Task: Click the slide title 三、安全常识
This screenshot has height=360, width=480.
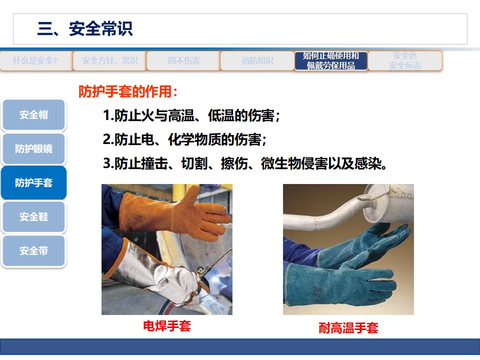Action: (85, 29)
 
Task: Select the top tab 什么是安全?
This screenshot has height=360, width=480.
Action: (35, 61)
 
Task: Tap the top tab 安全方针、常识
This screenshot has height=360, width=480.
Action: (109, 61)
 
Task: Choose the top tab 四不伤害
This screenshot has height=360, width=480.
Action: (183, 61)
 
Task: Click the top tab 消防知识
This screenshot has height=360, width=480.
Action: (257, 61)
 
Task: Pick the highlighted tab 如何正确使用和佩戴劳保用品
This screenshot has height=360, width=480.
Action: (331, 61)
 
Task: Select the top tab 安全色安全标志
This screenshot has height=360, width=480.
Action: (405, 61)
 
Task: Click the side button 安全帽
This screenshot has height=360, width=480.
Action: (34, 115)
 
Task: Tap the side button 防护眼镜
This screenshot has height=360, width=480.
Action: (34, 149)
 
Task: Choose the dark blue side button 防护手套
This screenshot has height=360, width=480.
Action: (34, 183)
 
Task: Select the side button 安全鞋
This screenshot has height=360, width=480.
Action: (34, 217)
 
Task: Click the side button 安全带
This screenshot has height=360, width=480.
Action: (34, 251)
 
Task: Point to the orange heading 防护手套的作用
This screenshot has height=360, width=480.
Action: (128, 92)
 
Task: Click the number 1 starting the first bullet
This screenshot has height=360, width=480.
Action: (106, 116)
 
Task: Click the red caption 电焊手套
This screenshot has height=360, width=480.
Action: (167, 326)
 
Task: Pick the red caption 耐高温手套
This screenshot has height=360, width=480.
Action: (348, 328)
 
